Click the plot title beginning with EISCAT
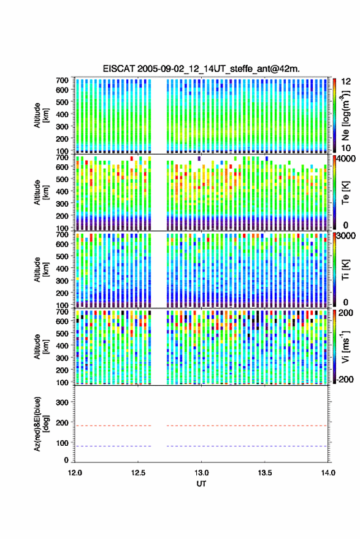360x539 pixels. click(201, 69)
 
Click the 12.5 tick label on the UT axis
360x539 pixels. click(138, 473)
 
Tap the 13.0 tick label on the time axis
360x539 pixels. click(202, 473)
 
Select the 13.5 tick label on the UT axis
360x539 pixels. click(265, 473)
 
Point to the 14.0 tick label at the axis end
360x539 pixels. click(328, 473)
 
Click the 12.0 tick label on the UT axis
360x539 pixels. click(75, 473)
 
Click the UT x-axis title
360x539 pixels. click(202, 484)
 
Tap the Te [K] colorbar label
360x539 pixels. click(345, 193)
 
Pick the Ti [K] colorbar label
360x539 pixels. click(345, 270)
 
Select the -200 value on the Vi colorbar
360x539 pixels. click(343, 380)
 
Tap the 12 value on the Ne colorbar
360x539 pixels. click(347, 82)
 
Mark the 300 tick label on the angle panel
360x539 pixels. click(62, 402)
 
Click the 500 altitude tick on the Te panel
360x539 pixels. click(62, 179)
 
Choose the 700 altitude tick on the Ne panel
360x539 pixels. click(62, 80)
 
